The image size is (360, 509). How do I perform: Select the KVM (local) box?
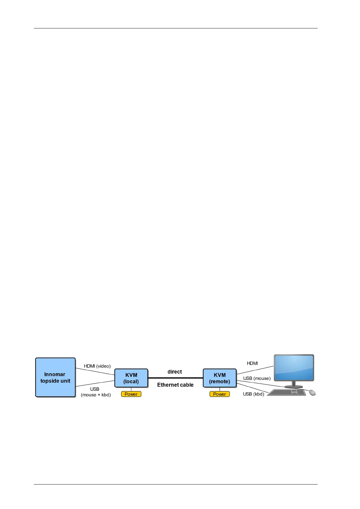tap(131, 378)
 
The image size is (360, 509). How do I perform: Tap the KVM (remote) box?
tap(219, 378)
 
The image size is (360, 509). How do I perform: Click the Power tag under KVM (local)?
tap(131, 394)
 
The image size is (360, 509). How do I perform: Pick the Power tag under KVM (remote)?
tap(219, 394)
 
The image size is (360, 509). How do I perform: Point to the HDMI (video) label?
tap(97, 366)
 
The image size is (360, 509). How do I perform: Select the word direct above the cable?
tap(175, 372)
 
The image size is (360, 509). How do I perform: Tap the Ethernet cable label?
tap(175, 385)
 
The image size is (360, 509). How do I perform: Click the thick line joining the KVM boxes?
tap(175, 378)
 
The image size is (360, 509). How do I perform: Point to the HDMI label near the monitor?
tap(252, 363)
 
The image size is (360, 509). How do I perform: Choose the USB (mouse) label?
tap(257, 378)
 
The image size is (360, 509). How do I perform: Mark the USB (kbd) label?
tap(254, 394)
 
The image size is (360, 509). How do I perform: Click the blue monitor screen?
tap(294, 368)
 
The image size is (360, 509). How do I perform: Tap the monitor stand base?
tap(293, 387)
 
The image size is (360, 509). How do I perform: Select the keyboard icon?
tap(287, 393)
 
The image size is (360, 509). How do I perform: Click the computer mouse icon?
tap(312, 393)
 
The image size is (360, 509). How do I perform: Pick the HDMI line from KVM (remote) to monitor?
tap(255, 370)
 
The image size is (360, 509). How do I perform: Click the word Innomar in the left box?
tap(55, 374)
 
